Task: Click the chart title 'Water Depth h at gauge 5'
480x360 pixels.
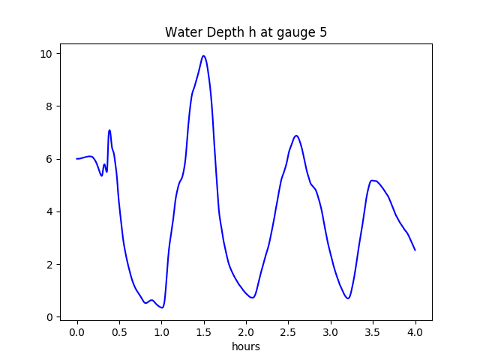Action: click(245, 33)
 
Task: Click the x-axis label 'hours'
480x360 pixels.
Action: click(245, 347)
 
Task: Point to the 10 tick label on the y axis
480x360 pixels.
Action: click(46, 54)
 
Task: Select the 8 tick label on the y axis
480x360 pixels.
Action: click(49, 106)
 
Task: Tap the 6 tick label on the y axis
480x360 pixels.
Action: click(49, 159)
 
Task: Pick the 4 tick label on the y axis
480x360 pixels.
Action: click(49, 211)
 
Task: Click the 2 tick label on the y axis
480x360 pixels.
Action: click(49, 265)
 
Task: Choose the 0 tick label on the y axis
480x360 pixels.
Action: click(49, 317)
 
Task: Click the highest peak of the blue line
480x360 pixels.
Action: click(203, 55)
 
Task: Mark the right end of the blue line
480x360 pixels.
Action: click(415, 250)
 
